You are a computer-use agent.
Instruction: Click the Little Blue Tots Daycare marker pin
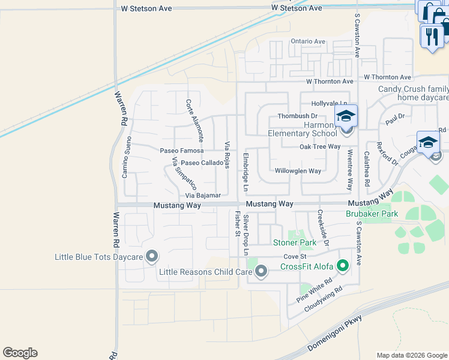point(152,257)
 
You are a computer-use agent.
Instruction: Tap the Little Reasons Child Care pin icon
point(261,272)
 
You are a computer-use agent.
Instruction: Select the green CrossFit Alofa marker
point(343,265)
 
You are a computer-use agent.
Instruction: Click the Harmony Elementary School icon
point(346,116)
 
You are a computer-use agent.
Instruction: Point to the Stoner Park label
point(295,243)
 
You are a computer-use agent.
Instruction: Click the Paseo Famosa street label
point(181,150)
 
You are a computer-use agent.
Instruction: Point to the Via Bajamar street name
point(203,196)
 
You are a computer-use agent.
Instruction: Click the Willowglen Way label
point(298,171)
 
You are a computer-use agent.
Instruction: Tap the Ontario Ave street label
point(308,41)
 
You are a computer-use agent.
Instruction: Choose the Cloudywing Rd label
point(322,298)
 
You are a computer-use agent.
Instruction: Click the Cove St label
point(295,256)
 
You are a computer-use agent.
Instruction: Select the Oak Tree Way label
point(320,146)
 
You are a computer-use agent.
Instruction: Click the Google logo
point(20,353)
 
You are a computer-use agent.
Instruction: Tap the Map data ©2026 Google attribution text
point(412,355)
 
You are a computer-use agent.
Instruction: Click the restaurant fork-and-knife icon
point(432,37)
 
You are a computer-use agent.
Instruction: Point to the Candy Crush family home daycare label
point(414,93)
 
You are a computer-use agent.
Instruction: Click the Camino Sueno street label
point(126,157)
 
